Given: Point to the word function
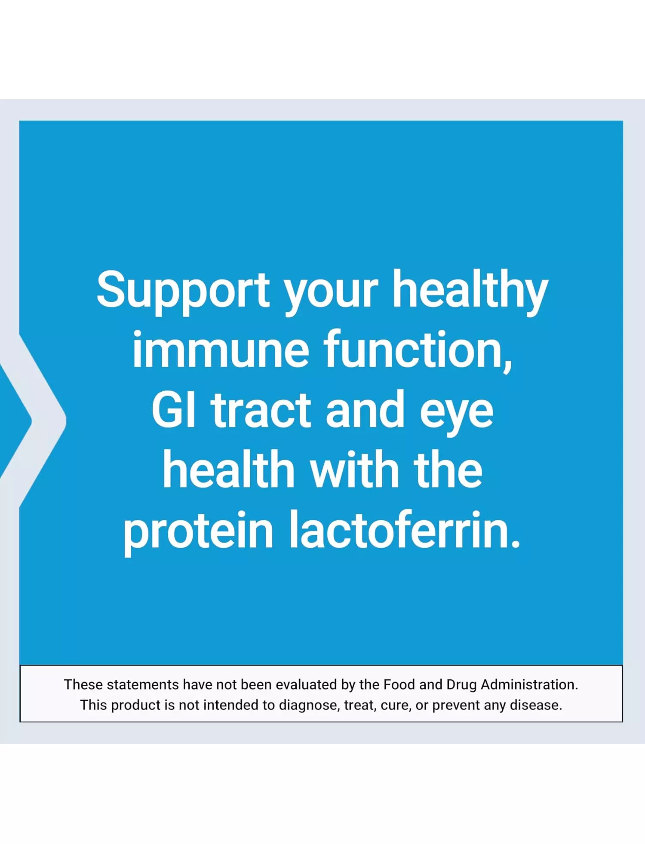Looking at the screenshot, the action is (x=418, y=350).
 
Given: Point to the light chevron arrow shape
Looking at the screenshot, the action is (x=34, y=420).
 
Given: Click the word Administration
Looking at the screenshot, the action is (x=529, y=684).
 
